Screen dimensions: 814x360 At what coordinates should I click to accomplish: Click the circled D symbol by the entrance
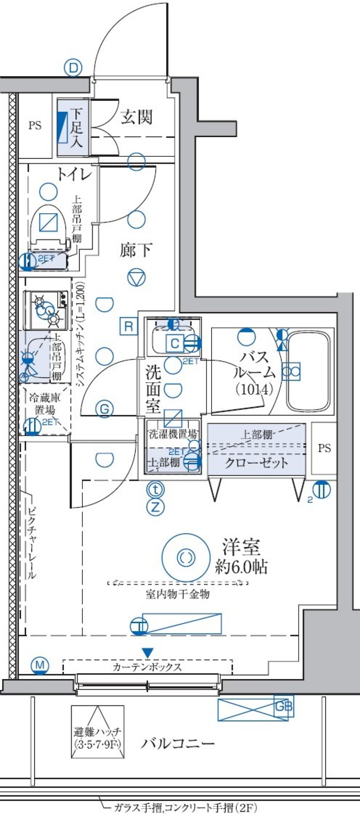73,68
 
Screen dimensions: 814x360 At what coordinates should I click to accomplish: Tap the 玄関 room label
136,117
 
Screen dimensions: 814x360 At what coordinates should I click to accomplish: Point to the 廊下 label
136,250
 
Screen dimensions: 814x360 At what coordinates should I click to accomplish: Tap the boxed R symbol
129,326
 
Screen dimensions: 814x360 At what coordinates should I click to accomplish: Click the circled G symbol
105,408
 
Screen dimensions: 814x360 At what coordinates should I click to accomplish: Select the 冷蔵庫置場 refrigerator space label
45,403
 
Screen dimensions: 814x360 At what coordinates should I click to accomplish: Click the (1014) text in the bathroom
254,390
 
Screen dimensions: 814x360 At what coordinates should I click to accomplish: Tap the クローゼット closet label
256,463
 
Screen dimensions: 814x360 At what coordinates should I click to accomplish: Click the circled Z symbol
156,507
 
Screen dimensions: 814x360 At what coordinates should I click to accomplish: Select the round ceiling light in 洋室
186,557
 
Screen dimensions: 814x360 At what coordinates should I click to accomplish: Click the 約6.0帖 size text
241,567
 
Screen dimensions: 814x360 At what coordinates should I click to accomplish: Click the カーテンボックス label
147,667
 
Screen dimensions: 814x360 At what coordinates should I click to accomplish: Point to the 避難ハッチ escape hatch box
97,732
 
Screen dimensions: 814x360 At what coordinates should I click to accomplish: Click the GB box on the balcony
283,706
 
